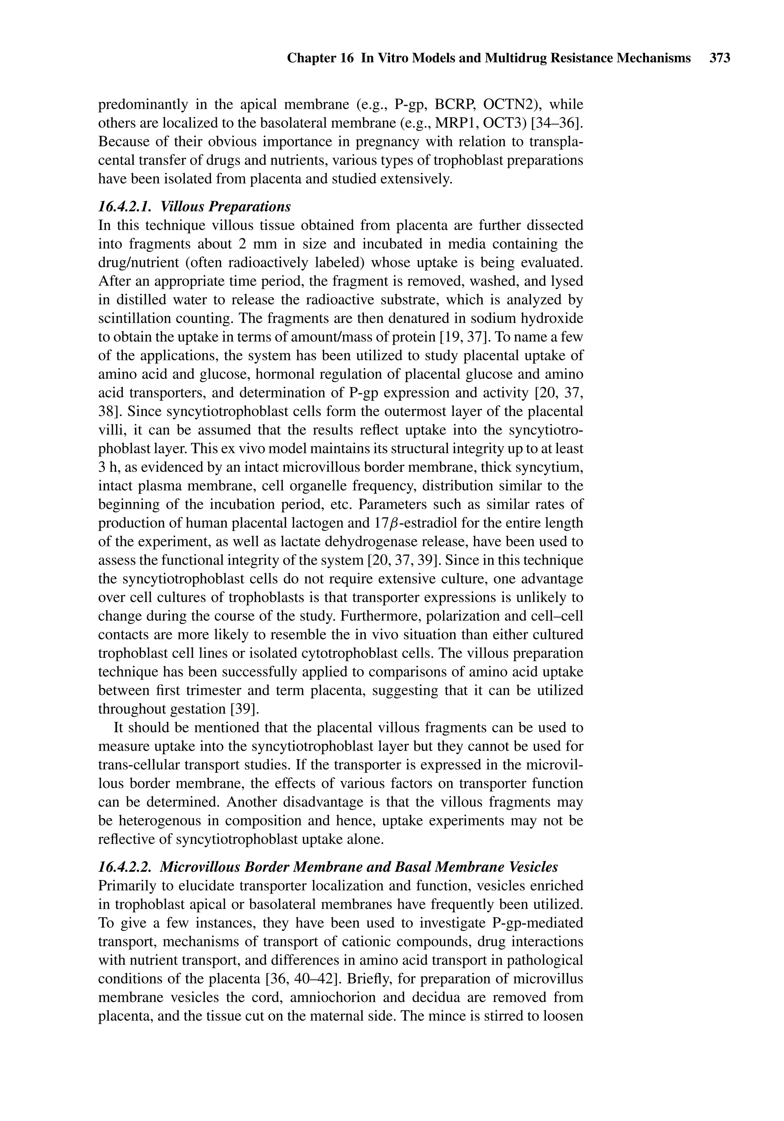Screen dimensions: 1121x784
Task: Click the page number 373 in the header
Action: pos(720,59)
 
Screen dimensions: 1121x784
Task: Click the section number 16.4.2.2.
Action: pos(126,867)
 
